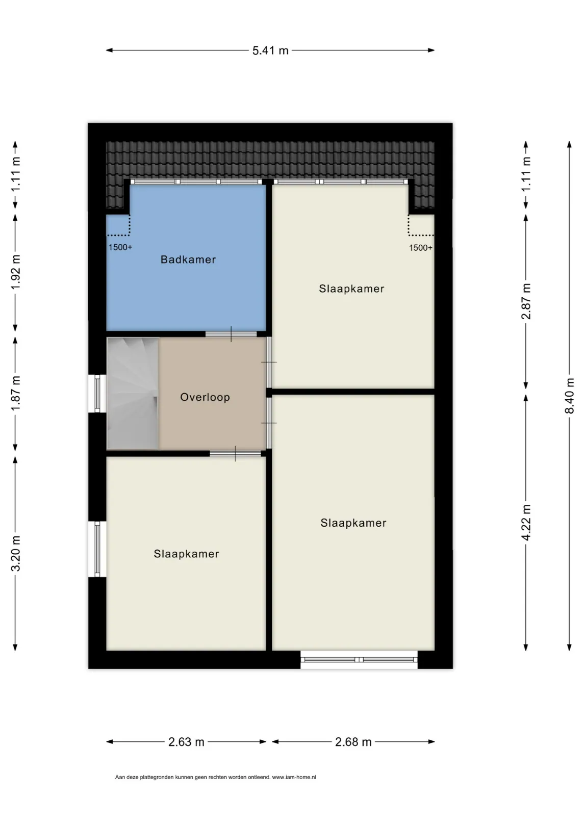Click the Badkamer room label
pyautogui.click(x=188, y=260)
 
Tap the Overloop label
pyautogui.click(x=205, y=397)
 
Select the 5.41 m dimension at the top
pyautogui.click(x=270, y=50)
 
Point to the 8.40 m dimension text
pyautogui.click(x=569, y=396)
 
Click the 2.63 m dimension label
pyautogui.click(x=186, y=742)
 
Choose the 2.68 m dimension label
pyautogui.click(x=353, y=742)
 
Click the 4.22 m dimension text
pyautogui.click(x=526, y=523)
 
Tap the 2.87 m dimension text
pyautogui.click(x=526, y=301)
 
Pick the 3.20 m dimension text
pyautogui.click(x=15, y=554)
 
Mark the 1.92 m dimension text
pyautogui.click(x=15, y=272)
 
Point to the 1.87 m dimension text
pyautogui.click(x=15, y=393)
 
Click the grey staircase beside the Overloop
pyautogui.click(x=133, y=394)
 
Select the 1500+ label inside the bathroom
pyautogui.click(x=120, y=247)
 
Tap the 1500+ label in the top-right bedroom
pyautogui.click(x=421, y=248)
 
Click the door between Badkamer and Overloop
pyautogui.click(x=231, y=334)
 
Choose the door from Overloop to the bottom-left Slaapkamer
pyautogui.click(x=235, y=454)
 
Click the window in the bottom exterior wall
pyautogui.click(x=359, y=660)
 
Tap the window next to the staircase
pyautogui.click(x=97, y=394)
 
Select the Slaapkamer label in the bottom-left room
pyautogui.click(x=186, y=554)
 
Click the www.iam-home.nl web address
pyautogui.click(x=294, y=778)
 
